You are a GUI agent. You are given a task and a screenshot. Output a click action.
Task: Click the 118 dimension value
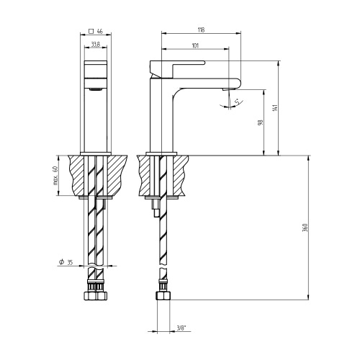(200, 30)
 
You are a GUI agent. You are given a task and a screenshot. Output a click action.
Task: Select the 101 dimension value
(196, 46)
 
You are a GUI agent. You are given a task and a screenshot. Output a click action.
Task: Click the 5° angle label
(239, 104)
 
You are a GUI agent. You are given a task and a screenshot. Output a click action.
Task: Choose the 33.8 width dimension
(95, 46)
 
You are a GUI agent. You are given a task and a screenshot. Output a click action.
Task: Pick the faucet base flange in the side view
(162, 153)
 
